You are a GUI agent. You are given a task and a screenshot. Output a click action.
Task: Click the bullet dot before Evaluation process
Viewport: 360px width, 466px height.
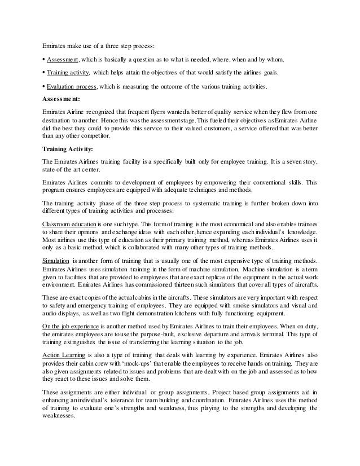(x=43, y=86)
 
